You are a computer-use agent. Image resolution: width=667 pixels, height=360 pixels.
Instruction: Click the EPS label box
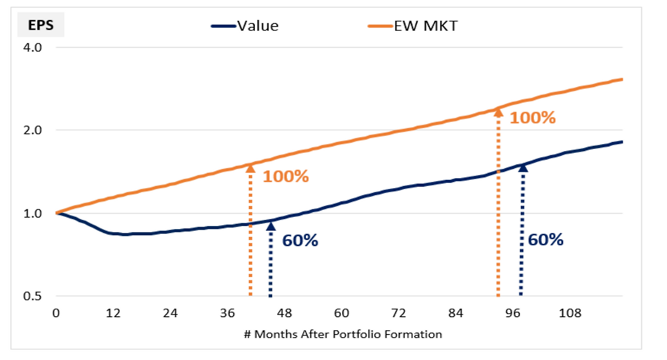click(x=41, y=26)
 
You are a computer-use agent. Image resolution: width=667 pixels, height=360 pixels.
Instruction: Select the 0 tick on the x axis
click(x=56, y=314)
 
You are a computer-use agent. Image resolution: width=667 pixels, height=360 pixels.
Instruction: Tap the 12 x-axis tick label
click(x=113, y=314)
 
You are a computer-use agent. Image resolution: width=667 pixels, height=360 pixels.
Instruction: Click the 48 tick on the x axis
click(x=285, y=314)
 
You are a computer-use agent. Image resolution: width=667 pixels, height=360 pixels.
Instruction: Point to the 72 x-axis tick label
click(x=399, y=314)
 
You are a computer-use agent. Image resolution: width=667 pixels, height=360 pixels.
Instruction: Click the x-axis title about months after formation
click(x=342, y=334)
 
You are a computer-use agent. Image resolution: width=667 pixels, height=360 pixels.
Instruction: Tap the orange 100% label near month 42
click(x=286, y=176)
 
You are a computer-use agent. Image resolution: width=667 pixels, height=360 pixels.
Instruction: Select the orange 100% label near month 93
click(x=532, y=118)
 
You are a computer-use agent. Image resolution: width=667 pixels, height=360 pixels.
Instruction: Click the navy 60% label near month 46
click(x=300, y=241)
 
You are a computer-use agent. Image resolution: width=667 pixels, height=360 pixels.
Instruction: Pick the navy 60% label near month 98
click(x=546, y=240)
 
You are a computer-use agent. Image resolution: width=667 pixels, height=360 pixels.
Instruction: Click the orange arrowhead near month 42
click(x=250, y=168)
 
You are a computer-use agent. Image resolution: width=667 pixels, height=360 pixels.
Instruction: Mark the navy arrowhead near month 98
click(x=523, y=167)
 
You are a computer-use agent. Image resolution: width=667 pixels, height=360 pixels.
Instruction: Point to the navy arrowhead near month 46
click(x=270, y=226)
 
